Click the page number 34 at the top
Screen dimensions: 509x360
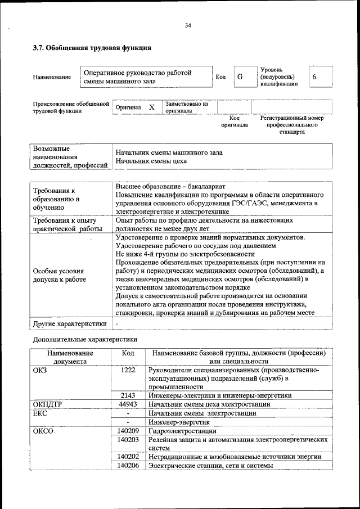[188, 25]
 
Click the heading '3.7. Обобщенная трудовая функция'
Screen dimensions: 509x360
[92, 48]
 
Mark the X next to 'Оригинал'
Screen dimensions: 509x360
[152, 107]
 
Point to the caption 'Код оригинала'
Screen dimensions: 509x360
[234, 121]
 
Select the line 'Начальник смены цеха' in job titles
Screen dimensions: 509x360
[151, 161]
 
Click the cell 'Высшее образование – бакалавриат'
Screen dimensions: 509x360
[170, 186]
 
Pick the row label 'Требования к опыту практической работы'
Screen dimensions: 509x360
[66, 225]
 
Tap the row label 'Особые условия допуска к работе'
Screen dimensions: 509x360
[59, 274]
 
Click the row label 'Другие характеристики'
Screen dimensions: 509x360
[70, 324]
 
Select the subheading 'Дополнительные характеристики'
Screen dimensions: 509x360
[84, 340]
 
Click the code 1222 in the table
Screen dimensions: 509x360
[128, 370]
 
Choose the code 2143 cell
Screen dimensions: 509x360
[128, 395]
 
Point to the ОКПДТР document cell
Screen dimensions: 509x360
[49, 404]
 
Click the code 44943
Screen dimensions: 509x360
[128, 404]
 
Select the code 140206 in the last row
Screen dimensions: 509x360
[128, 466]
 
